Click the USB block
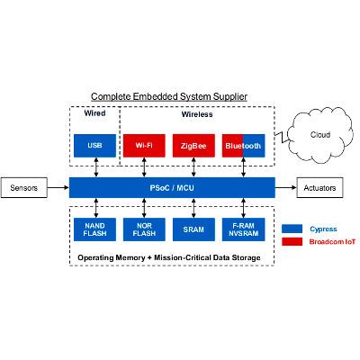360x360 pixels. [94, 145]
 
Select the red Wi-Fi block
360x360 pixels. [144, 145]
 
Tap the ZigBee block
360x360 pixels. [193, 145]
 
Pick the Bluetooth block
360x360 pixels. [243, 145]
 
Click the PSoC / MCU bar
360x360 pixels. [170, 189]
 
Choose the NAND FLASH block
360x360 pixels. [94, 229]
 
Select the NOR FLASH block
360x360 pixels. [144, 229]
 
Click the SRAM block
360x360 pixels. [193, 229]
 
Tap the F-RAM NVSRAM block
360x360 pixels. [243, 229]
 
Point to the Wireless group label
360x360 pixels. [196, 115]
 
